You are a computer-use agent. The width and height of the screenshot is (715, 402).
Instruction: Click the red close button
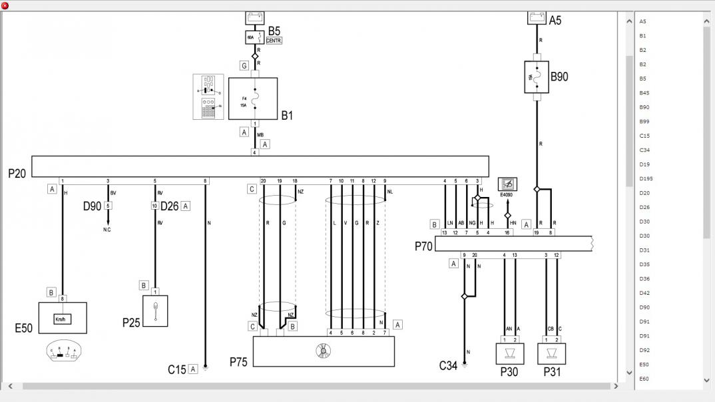(x=5, y=5)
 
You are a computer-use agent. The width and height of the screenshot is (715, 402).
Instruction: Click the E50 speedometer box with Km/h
(x=63, y=318)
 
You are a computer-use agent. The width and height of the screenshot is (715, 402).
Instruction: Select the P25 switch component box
(x=155, y=311)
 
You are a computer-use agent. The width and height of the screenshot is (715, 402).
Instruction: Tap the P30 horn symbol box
(x=511, y=353)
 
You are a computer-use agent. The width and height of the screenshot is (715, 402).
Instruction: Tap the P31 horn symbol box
(x=551, y=353)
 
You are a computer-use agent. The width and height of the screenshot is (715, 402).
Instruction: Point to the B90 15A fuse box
(x=537, y=77)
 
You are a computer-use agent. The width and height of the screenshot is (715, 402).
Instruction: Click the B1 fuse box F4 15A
(x=253, y=99)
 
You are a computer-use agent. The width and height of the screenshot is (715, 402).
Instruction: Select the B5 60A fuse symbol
(x=254, y=37)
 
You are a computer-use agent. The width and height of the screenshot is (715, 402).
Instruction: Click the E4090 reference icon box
(x=507, y=184)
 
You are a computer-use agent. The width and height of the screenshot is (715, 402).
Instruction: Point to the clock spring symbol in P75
(x=324, y=350)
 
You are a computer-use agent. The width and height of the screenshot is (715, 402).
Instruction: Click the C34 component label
(x=448, y=365)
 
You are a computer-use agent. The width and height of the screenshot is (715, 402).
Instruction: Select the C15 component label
(x=176, y=369)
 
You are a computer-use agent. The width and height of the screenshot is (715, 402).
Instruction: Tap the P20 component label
(x=17, y=173)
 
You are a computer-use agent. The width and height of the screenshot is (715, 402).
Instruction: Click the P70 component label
(x=423, y=246)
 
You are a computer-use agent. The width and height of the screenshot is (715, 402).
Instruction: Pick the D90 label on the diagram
(x=92, y=206)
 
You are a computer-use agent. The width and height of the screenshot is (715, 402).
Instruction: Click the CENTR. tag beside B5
(x=274, y=41)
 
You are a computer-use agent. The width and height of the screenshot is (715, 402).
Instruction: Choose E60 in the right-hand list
(x=644, y=379)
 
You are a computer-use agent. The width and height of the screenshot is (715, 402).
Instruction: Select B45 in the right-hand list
(x=644, y=93)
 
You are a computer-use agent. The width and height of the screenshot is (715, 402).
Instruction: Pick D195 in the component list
(x=646, y=178)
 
